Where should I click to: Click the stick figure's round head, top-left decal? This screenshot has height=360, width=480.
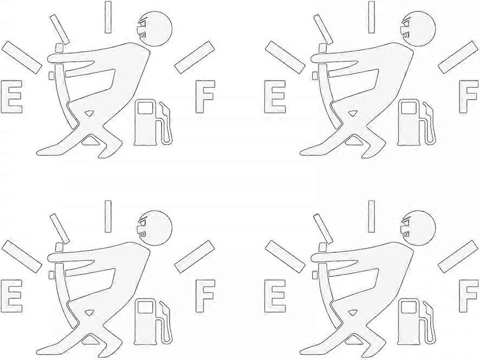[x=156, y=29]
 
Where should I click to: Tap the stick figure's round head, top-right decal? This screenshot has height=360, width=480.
[x=419, y=29]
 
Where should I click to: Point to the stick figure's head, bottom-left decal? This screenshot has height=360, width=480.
[x=156, y=228]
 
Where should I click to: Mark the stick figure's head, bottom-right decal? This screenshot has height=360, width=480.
[x=419, y=228]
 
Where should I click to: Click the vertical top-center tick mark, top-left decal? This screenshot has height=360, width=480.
[x=108, y=17]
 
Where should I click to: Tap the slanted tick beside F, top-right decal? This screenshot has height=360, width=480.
[x=458, y=57]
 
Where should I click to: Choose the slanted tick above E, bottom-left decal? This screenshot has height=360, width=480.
[x=22, y=257]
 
